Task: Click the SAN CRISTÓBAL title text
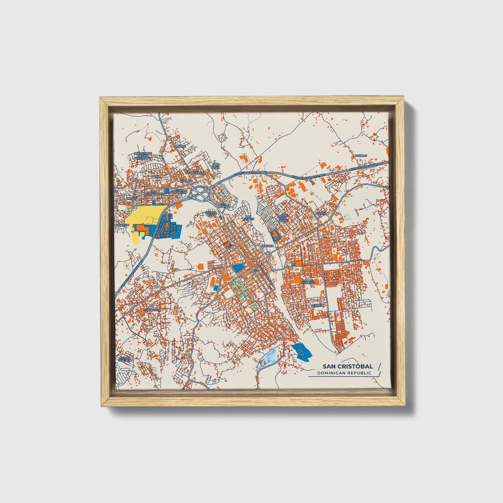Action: (347, 366)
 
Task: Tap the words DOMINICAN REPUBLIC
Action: (344, 373)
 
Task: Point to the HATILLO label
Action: (361, 155)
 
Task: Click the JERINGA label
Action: (268, 246)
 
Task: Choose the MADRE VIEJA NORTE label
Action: (283, 218)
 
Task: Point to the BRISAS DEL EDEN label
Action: (124, 359)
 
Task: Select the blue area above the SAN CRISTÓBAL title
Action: (301, 351)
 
